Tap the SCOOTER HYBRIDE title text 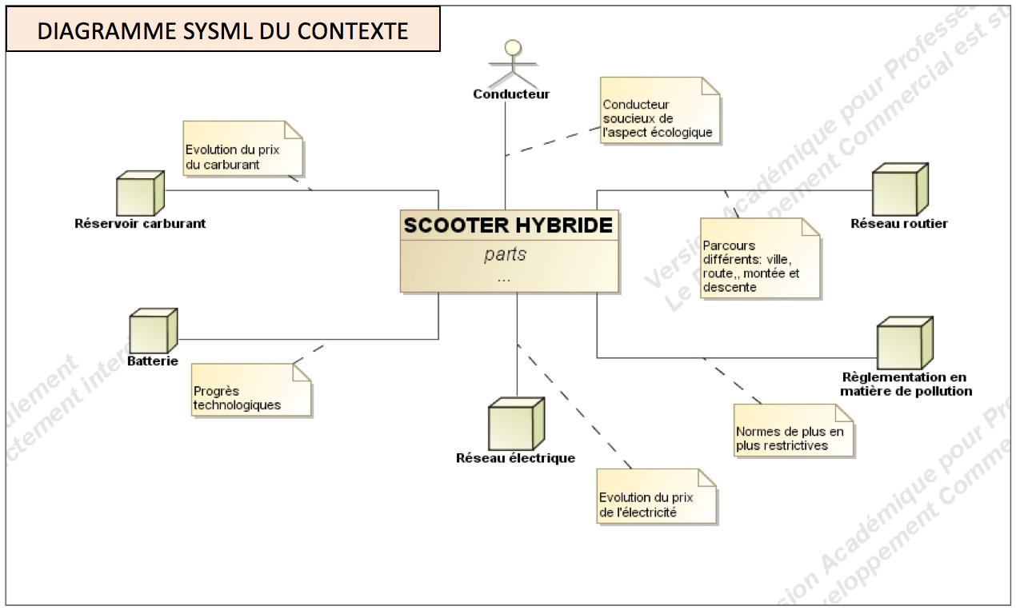(509, 225)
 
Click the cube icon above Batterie (152, 331)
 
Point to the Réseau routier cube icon (899, 189)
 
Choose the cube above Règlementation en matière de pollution (904, 343)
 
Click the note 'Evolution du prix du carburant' (243, 149)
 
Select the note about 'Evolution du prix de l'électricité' (656, 497)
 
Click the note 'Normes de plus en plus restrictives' (794, 431)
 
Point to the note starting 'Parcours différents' (760, 259)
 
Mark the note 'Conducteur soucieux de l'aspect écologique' (659, 111)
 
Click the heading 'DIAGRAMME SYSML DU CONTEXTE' (223, 30)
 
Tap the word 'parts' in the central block (506, 255)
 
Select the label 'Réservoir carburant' (140, 224)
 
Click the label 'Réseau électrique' (515, 458)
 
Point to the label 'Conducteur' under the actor (511, 94)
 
